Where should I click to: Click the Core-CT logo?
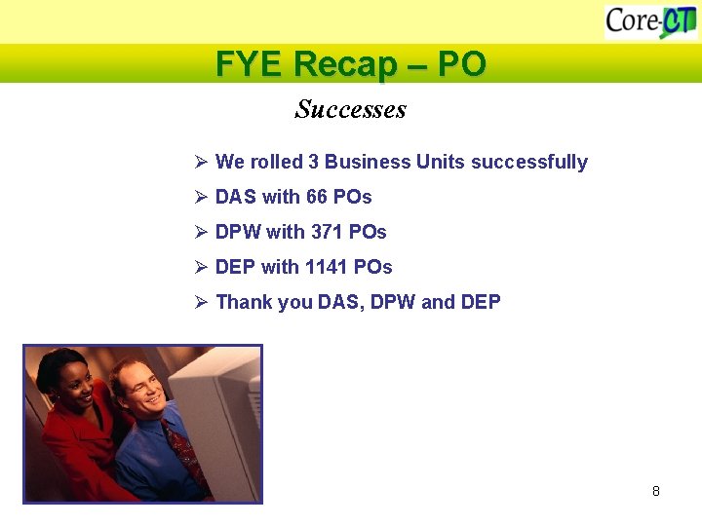coord(649,20)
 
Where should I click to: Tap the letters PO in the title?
coord(461,64)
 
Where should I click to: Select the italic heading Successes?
coord(350,109)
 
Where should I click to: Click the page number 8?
coord(656,491)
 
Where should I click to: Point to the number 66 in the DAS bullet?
coord(317,197)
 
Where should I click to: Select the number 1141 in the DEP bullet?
coord(326,267)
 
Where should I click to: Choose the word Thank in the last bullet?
coord(244,302)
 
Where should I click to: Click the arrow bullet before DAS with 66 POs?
coord(200,197)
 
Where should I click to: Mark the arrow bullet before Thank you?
coord(200,302)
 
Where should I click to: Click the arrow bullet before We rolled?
coord(200,162)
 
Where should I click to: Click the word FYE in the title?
coord(250,64)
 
